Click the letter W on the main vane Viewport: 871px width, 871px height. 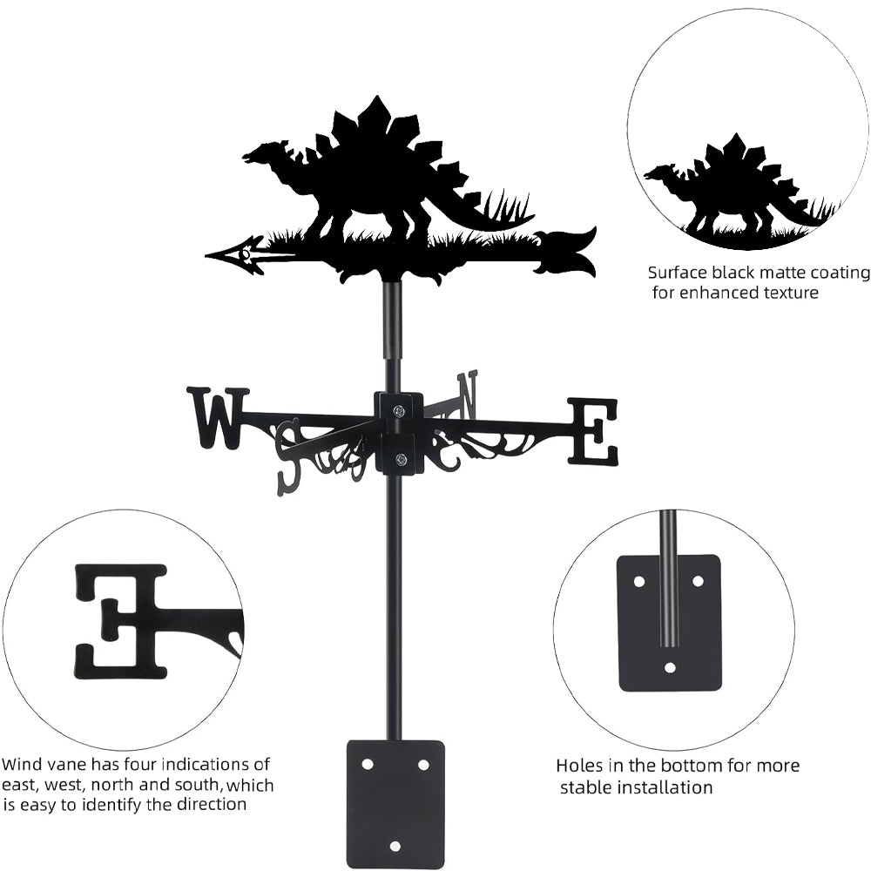[217, 418]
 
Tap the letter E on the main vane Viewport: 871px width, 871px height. [593, 431]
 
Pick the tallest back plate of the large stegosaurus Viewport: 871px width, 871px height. [375, 117]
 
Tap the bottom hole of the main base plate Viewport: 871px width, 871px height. [395, 846]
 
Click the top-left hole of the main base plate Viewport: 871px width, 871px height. [368, 764]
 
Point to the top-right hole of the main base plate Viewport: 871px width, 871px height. [423, 764]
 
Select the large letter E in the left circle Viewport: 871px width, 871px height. [122, 620]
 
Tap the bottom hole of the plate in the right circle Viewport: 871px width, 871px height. [669, 668]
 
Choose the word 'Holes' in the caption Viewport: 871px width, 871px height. [580, 766]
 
